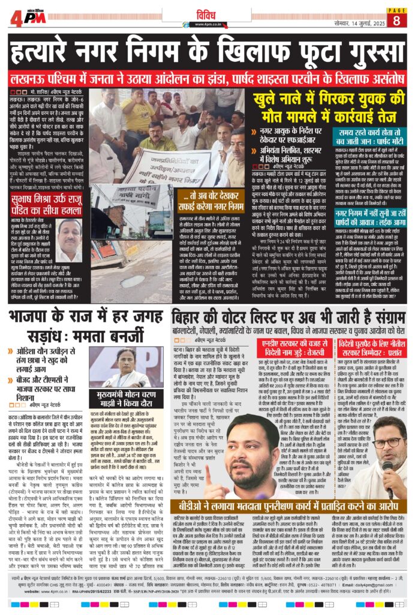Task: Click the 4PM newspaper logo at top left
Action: [25, 16]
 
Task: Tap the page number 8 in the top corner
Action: [396, 20]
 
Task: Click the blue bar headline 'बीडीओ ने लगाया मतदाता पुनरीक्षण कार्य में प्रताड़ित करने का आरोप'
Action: [288, 507]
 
